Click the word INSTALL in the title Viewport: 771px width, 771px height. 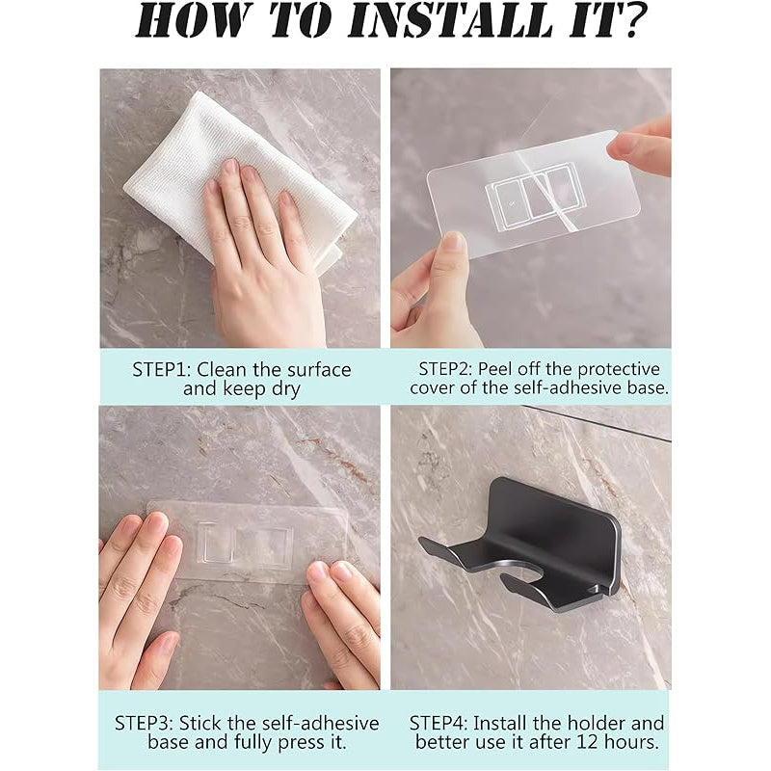451,20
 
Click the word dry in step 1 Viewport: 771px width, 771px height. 285,389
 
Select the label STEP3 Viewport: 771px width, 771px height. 144,724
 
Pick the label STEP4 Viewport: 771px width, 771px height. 439,724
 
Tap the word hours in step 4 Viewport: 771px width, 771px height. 631,741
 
